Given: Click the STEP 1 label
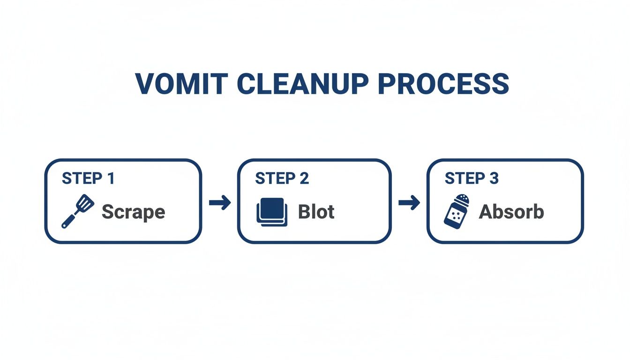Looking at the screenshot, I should pyautogui.click(x=89, y=179).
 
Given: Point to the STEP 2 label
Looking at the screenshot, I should pyautogui.click(x=282, y=179).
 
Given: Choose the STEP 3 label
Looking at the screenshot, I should pyautogui.click(x=472, y=179).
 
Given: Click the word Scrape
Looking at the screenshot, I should pyautogui.click(x=134, y=212).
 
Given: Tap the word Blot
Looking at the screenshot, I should pyautogui.click(x=316, y=212).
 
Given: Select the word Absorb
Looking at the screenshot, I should pyautogui.click(x=511, y=212).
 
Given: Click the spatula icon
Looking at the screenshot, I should pyautogui.click(x=78, y=211).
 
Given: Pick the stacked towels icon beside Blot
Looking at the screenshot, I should pyautogui.click(x=271, y=212).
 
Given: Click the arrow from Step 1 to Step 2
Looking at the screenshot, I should pyautogui.click(x=220, y=203).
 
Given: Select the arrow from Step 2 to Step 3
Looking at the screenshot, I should pyautogui.click(x=409, y=203).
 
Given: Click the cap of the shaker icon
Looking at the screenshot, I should pyautogui.click(x=462, y=199).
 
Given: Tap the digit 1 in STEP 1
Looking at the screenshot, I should pyautogui.click(x=110, y=179).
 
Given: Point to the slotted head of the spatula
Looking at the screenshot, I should pyautogui.click(x=86, y=203).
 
